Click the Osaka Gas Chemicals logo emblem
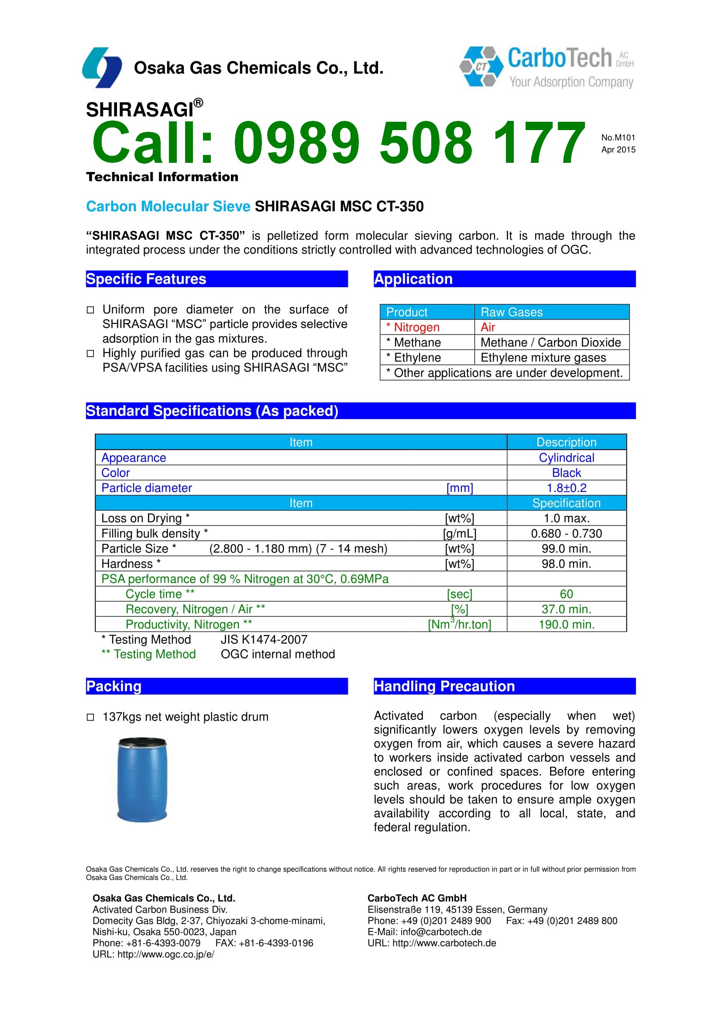[102, 67]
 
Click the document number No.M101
[618, 138]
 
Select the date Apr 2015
[618, 149]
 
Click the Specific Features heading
[146, 279]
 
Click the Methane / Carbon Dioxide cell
[550, 342]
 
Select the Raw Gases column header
[511, 312]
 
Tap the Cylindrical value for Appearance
[566, 457]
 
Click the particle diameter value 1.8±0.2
[566, 488]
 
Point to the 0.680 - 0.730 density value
[566, 533]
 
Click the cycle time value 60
[566, 594]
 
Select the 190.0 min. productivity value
[566, 624]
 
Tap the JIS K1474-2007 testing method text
[264, 639]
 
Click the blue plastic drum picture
[142, 779]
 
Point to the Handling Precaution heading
[444, 686]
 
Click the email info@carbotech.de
[440, 932]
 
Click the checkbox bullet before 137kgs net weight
[90, 717]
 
